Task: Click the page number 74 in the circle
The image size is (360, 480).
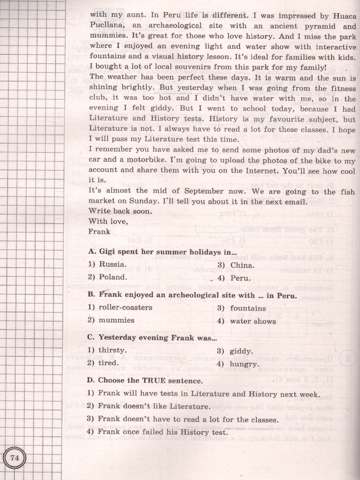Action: tap(15, 458)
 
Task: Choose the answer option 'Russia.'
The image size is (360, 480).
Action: tap(108, 264)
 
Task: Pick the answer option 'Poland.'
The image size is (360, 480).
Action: tap(108, 277)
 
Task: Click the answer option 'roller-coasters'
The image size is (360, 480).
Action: tap(120, 308)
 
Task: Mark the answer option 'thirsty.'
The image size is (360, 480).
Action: tap(108, 350)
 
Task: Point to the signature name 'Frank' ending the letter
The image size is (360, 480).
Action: tap(99, 231)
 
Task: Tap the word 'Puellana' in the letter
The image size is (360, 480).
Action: tap(105, 26)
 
